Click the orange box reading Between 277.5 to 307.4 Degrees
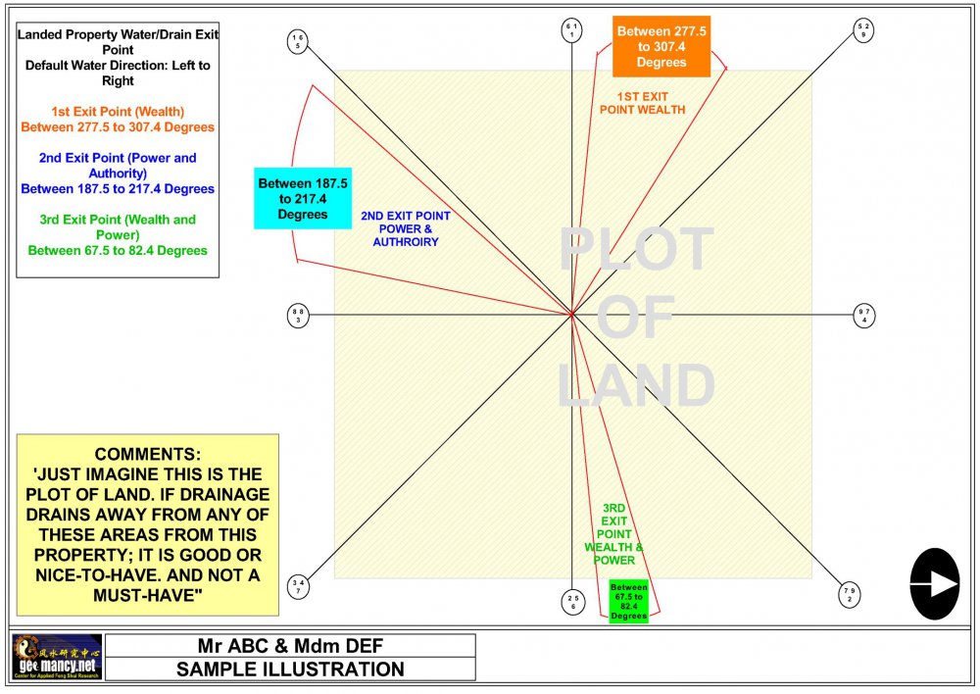click(661, 46)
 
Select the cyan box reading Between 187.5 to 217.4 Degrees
click(302, 197)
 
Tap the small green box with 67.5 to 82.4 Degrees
click(628, 600)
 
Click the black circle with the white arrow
click(935, 584)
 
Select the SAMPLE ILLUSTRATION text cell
click(290, 669)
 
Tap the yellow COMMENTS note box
click(148, 525)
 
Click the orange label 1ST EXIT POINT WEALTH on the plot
click(643, 103)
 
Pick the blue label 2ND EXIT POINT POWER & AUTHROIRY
click(406, 228)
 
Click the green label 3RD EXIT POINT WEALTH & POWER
click(614, 534)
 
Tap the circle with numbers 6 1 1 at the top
click(571, 29)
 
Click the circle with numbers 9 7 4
click(862, 316)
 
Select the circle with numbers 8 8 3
click(298, 316)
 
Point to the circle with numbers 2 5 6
click(572, 601)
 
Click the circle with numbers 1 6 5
click(298, 41)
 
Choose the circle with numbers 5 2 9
click(862, 29)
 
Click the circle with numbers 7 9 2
click(850, 594)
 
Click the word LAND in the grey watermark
click(636, 386)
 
